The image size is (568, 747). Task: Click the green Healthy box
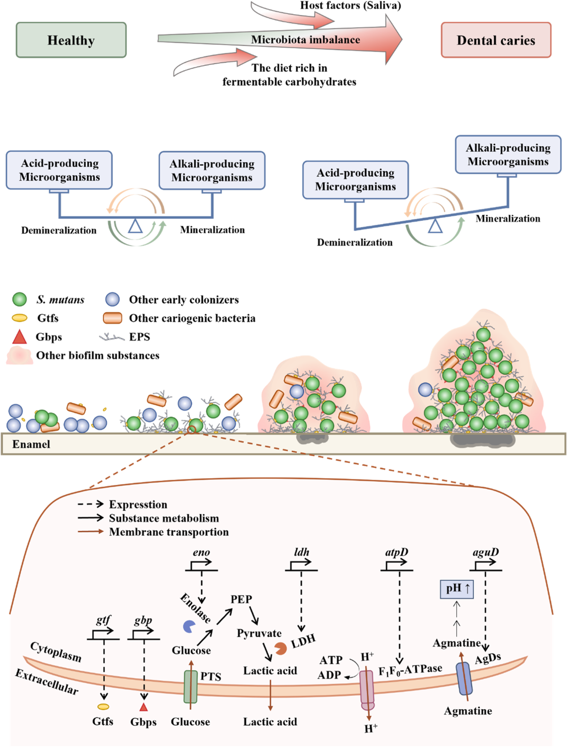(x=71, y=40)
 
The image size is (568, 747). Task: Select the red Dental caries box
(x=496, y=40)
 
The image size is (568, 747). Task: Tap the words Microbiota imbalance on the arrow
(x=305, y=40)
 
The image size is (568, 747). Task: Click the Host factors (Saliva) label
(x=350, y=6)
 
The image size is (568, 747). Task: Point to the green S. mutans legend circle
(x=19, y=299)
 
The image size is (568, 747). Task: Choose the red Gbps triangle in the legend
(x=19, y=337)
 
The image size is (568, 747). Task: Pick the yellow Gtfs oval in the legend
(x=19, y=318)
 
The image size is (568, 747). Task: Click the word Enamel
(x=31, y=444)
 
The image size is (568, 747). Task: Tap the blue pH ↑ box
(x=457, y=589)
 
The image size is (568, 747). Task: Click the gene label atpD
(x=396, y=552)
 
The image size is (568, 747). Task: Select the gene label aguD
(x=486, y=552)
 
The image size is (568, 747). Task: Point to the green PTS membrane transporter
(x=190, y=686)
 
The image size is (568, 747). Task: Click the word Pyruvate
(x=259, y=633)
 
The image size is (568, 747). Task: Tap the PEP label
(x=241, y=599)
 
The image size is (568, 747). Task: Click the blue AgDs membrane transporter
(x=464, y=678)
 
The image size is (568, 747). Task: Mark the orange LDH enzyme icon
(x=281, y=648)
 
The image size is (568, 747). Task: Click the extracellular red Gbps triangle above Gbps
(x=143, y=707)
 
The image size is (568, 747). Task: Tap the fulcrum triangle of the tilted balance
(x=435, y=227)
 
